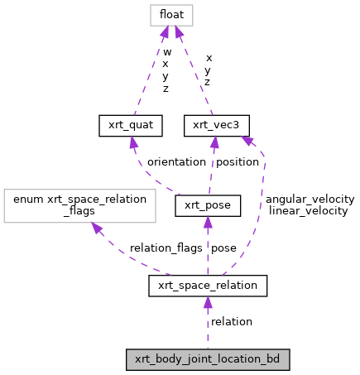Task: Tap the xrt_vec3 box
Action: click(x=217, y=125)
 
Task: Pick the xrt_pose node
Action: click(x=208, y=205)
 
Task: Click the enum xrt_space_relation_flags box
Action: click(x=79, y=205)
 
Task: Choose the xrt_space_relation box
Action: click(x=208, y=286)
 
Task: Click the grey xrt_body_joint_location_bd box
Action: click(x=208, y=359)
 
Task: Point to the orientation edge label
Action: click(x=176, y=162)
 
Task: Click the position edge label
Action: click(x=238, y=162)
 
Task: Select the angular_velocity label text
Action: click(x=310, y=200)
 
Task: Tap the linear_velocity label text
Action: click(x=309, y=211)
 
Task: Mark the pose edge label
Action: click(x=223, y=248)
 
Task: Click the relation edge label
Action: click(x=232, y=321)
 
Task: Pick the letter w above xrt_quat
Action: click(x=166, y=51)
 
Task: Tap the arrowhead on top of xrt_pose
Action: click(x=208, y=222)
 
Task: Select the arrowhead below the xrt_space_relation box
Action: click(x=208, y=302)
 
